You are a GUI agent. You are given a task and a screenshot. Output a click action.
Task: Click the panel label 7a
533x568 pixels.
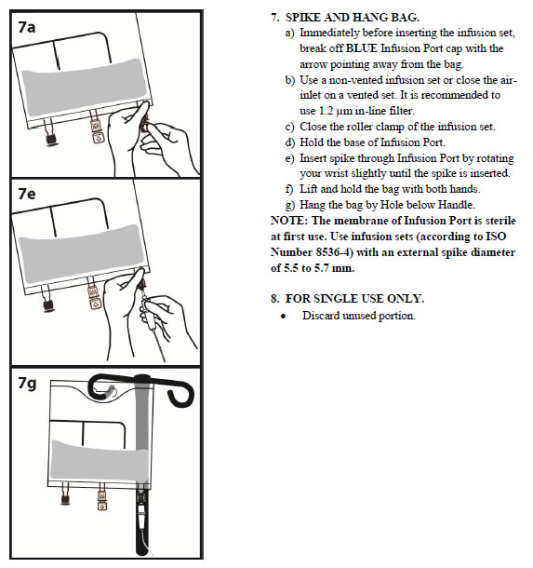(27, 27)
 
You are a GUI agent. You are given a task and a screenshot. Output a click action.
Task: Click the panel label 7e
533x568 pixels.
(27, 194)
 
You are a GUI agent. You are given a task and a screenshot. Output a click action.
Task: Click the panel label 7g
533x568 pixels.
(27, 384)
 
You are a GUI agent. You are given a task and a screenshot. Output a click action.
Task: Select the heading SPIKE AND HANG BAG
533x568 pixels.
(352, 18)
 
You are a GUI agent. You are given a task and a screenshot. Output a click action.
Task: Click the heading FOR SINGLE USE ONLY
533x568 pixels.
(354, 299)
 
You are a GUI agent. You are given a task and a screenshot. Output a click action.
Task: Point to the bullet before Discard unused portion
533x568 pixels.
(283, 317)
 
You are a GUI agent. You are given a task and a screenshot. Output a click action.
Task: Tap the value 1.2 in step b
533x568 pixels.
(326, 111)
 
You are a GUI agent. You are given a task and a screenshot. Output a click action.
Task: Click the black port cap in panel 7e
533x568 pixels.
(47, 305)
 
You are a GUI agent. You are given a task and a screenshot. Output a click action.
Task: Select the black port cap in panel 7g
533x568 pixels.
(65, 500)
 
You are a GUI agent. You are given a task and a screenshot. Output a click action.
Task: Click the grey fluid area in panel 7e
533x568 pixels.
(82, 253)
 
